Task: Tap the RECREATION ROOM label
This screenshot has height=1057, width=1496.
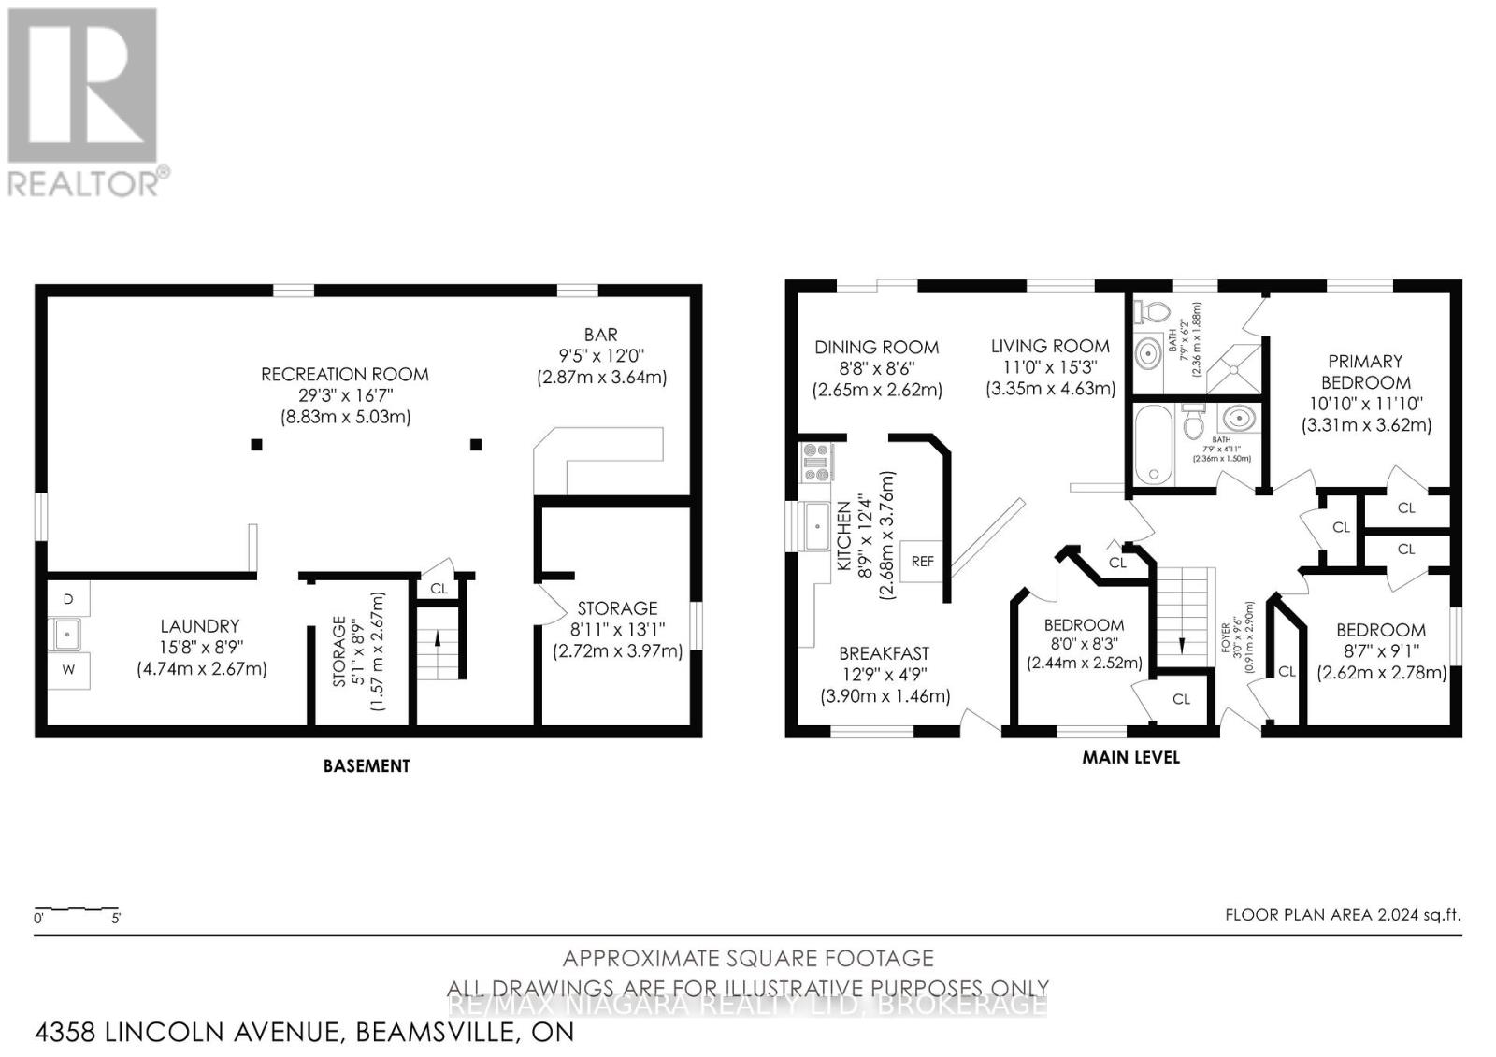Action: tap(345, 374)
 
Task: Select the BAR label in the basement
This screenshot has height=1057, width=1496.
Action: tap(600, 334)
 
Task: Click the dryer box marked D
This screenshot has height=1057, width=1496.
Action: tap(68, 598)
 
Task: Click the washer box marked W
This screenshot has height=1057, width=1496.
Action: tap(68, 669)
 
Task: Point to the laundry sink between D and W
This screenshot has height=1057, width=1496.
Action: tap(65, 635)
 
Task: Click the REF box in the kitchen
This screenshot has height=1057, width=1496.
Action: tap(922, 561)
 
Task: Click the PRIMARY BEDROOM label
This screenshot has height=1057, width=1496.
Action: tap(1365, 371)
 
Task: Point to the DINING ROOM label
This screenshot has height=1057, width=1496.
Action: tap(876, 347)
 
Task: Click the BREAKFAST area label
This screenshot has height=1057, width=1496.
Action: tap(884, 653)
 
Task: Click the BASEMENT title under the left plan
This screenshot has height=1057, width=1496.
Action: tap(367, 765)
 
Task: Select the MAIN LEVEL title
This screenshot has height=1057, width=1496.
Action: tap(1130, 757)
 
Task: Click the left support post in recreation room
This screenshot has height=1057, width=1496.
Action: tap(256, 445)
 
